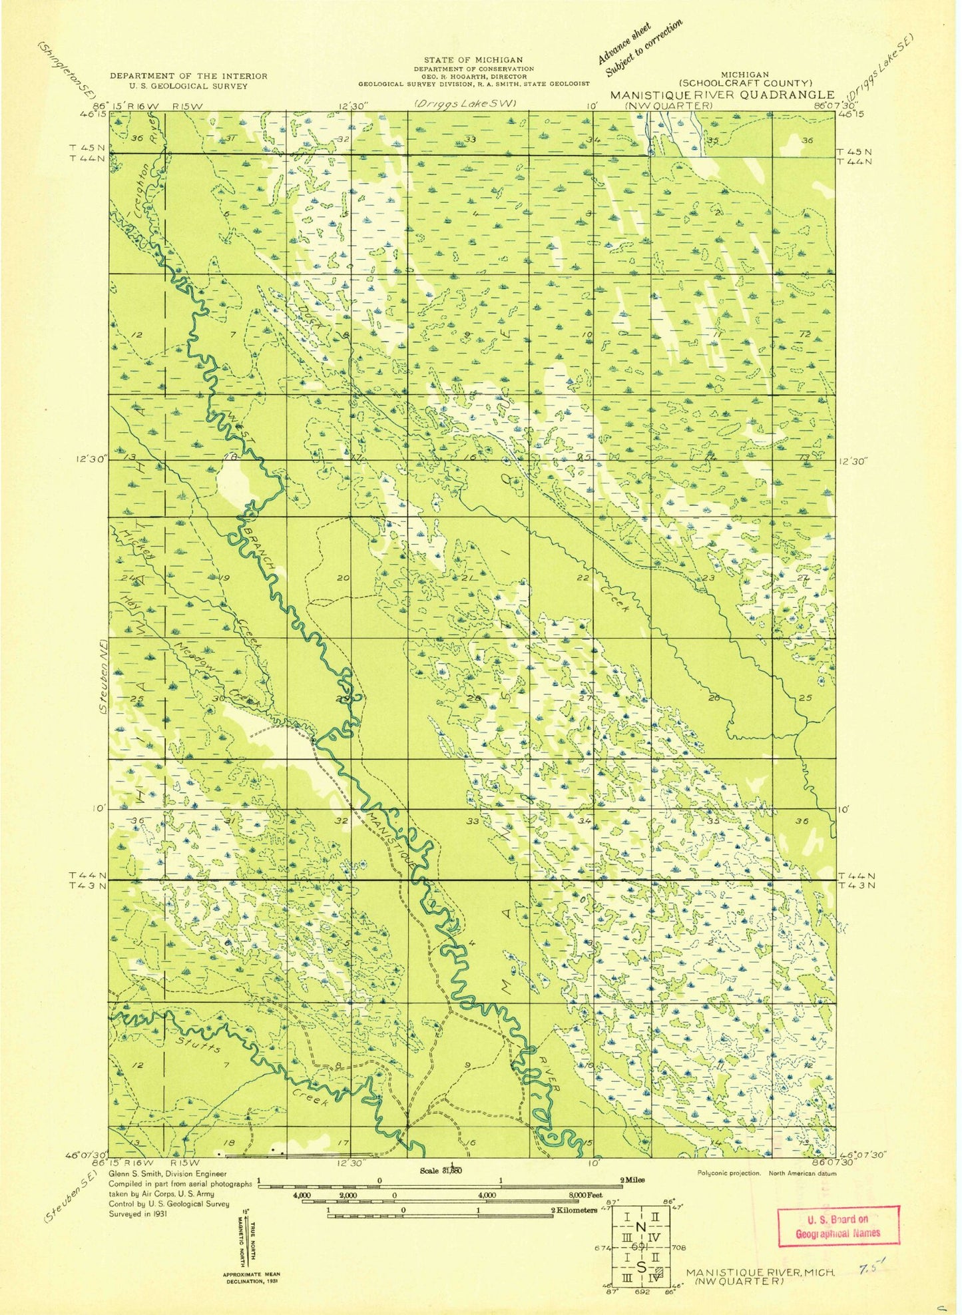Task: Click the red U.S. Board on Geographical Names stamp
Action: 838,1225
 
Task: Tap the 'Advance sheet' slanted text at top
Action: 624,45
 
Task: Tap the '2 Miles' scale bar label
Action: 632,1180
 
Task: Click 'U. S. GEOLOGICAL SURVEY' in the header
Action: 188,86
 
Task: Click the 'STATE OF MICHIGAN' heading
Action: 473,60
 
